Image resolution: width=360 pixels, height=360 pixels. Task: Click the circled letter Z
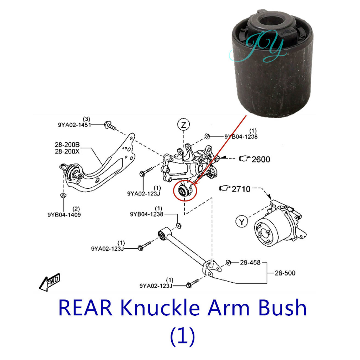point(183,124)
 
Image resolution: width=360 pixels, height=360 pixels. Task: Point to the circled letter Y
point(241,221)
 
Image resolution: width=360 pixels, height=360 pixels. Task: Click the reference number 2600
point(261,159)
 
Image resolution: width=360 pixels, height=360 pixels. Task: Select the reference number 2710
point(241,189)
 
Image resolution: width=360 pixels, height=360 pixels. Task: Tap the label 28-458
point(250,262)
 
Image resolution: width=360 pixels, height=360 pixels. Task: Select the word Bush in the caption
point(282,308)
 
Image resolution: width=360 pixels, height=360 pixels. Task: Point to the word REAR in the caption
point(85,308)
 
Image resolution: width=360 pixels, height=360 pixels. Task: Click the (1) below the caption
point(182,336)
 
